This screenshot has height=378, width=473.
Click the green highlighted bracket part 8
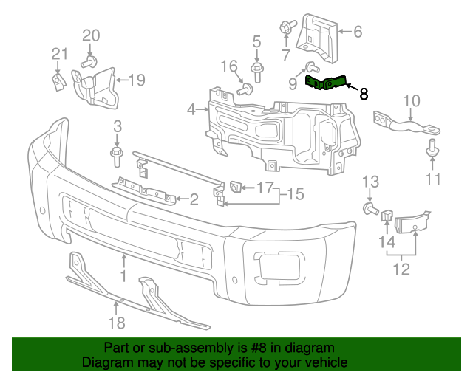coord(325,83)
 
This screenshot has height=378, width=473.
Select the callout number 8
coord(363,94)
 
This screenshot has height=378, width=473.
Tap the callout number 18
coord(118,322)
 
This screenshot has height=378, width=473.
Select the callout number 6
coord(358,32)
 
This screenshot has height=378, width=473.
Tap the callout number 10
coord(412,100)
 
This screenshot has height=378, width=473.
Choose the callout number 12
coord(401,269)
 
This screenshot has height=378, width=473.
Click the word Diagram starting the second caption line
coord(105,363)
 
